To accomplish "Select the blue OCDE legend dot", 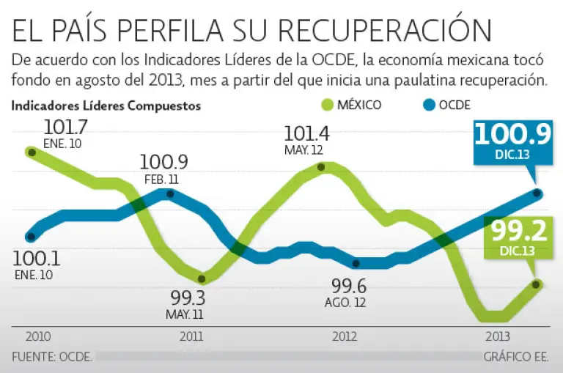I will (428, 105).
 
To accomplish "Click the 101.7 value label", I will (65, 127).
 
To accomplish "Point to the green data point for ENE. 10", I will (31, 152).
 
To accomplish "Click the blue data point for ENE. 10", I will (30, 236).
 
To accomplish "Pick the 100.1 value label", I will (36, 259).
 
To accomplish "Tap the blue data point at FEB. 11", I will (170, 193).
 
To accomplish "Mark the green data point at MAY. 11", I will (203, 278).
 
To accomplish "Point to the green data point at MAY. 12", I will (320, 167).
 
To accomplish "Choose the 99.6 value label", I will (344, 286).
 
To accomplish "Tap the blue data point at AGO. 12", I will (356, 263).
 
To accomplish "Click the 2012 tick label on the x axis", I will (345, 337).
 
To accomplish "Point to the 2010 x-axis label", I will (38, 337).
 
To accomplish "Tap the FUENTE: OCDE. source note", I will (52, 357).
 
